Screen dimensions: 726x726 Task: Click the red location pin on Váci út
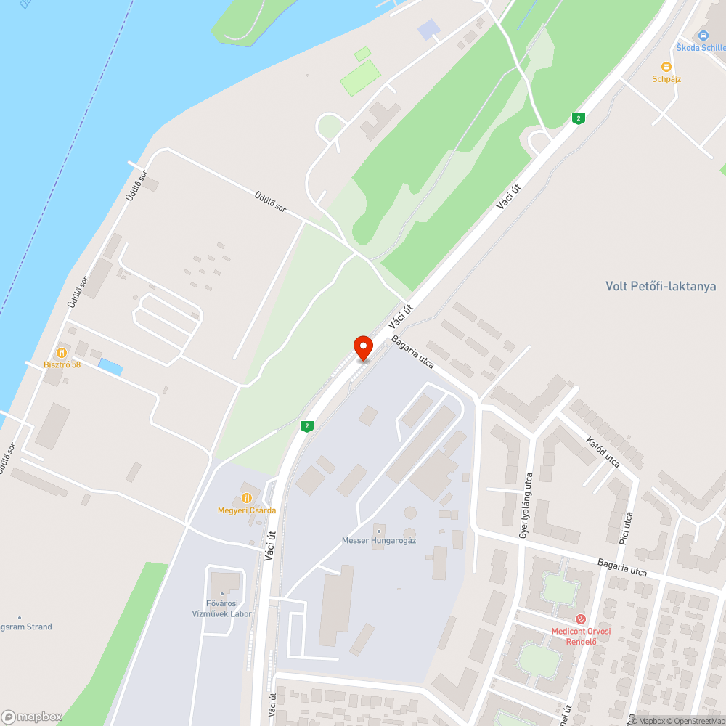[x=363, y=347]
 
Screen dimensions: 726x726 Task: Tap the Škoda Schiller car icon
[x=703, y=36]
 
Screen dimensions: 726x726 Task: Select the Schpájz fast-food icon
[x=666, y=67]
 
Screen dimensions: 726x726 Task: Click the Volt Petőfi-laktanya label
[x=661, y=286]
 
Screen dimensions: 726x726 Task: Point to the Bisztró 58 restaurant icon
[x=62, y=352]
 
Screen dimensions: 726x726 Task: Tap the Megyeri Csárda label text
[x=247, y=510]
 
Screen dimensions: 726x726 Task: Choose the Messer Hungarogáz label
[x=378, y=540]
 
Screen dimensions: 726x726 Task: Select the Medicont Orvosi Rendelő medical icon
[x=580, y=619]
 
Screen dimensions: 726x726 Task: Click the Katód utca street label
[x=603, y=450]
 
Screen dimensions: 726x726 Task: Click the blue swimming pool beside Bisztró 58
[x=110, y=367]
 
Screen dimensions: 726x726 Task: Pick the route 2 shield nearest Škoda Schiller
[x=578, y=118]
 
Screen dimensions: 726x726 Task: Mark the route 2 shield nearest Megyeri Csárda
[x=308, y=426]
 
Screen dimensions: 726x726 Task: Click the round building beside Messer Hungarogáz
[x=412, y=513]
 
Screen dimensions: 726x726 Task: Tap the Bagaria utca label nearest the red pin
[x=412, y=351]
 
